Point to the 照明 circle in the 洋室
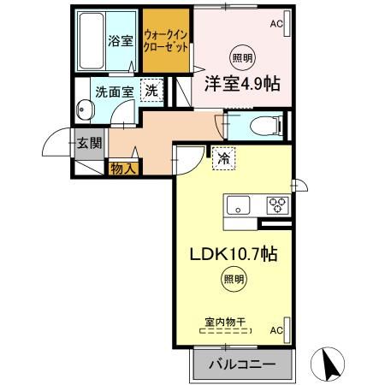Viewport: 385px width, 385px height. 243,58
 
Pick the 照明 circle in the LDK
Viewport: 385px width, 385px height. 233,279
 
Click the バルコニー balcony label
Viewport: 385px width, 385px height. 243,364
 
